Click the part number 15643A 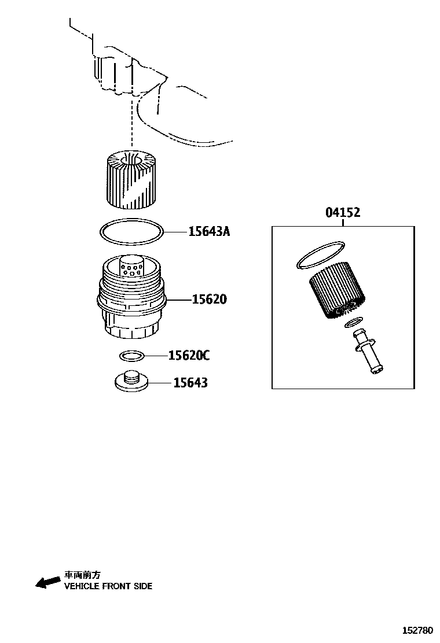(x=209, y=232)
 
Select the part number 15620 (x=210, y=300)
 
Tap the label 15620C (x=189, y=355)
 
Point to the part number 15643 (x=190, y=383)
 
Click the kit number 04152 (x=343, y=213)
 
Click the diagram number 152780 (x=418, y=630)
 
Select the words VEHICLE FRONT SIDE (x=108, y=586)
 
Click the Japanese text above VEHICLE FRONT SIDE (x=82, y=575)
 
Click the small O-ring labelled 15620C (x=132, y=354)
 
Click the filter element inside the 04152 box (x=336, y=290)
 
